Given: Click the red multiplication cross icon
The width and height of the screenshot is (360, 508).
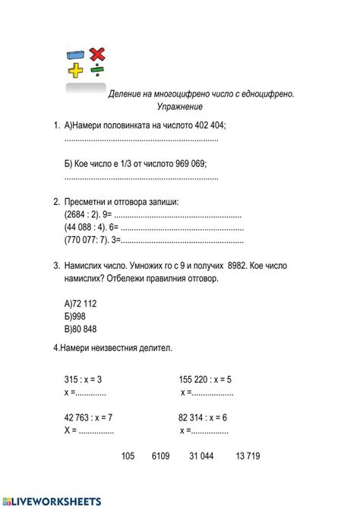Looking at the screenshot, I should point(96,54).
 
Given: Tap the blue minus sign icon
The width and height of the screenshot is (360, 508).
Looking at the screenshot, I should point(75,55).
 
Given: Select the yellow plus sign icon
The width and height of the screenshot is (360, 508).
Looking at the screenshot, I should point(75,71).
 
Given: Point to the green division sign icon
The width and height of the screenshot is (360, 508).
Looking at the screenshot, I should point(96,71).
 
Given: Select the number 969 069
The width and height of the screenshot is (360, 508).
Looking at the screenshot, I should point(182,163).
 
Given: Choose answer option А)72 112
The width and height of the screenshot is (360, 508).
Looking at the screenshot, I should point(81,303).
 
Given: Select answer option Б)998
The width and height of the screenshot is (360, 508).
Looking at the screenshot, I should point(75,316).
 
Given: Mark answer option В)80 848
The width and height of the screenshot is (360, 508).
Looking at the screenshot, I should point(81,329).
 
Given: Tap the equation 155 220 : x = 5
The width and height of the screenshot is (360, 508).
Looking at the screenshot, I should point(205,379).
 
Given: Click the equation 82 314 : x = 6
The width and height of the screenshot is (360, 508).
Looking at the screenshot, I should point(203,417).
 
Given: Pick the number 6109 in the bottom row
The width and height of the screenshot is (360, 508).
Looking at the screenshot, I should point(161,456).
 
